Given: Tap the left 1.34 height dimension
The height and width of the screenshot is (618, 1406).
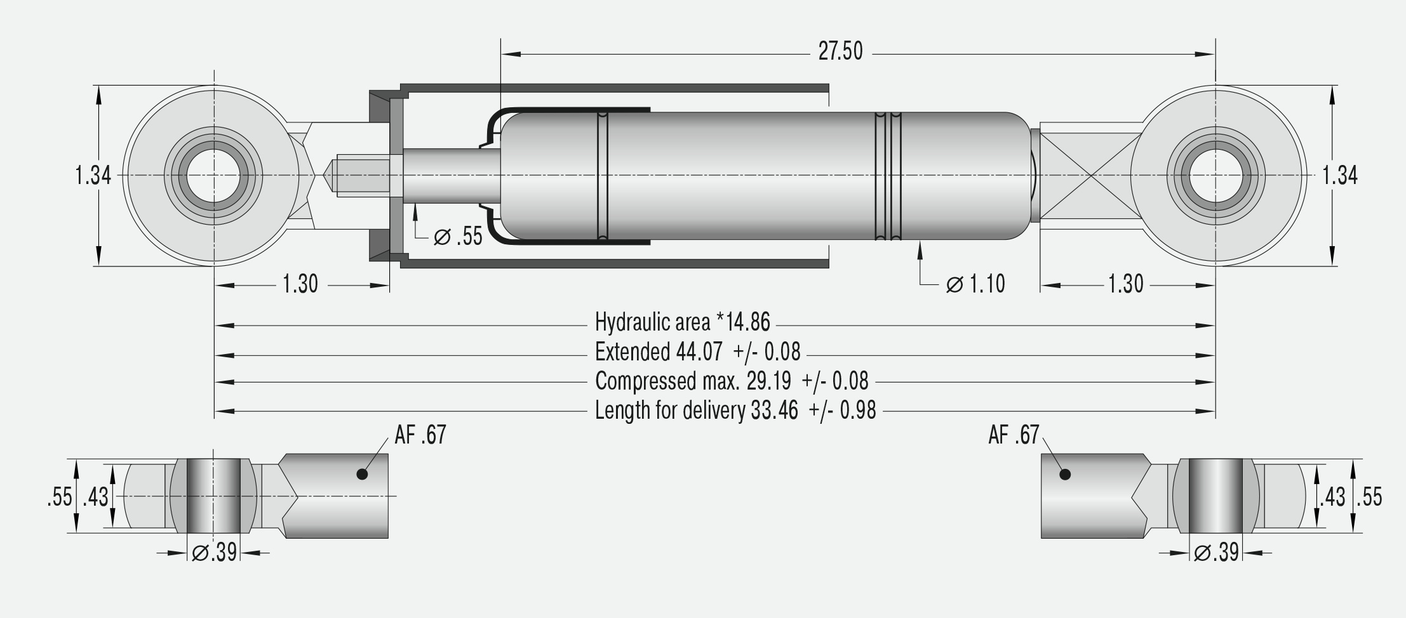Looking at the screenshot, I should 93,175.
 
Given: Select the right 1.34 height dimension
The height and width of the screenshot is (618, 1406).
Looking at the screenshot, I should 1339,175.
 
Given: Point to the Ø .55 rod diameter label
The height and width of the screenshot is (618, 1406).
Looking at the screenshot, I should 458,237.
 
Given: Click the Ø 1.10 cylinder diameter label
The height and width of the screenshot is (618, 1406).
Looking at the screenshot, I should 975,284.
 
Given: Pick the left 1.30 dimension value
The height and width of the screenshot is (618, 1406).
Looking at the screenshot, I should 300,284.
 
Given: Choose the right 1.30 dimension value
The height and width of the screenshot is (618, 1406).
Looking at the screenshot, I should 1125,284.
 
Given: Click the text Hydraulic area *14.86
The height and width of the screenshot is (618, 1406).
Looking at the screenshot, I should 682,322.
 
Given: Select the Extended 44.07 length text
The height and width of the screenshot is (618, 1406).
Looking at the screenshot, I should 697,352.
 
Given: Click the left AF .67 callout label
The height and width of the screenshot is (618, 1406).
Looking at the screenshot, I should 420,435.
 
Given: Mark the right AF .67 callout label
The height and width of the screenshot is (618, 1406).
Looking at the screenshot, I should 1014,435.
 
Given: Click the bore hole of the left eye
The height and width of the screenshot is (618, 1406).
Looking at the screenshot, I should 213,175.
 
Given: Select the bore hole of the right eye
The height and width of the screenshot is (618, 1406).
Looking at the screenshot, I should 1215,175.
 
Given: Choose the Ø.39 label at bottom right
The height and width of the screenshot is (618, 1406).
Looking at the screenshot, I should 1216,553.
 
